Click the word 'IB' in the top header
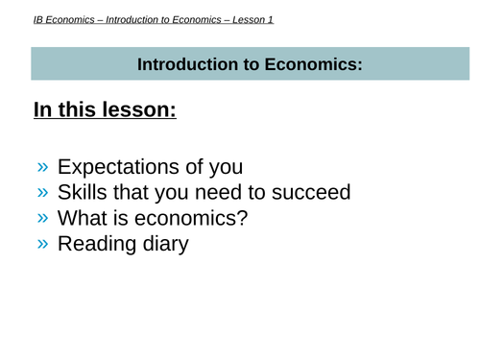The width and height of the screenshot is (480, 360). coord(38,18)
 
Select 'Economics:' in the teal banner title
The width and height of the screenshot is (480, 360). coord(306,65)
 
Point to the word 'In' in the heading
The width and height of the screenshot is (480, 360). coord(43,110)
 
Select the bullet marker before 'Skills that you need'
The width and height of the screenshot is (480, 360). coord(43,192)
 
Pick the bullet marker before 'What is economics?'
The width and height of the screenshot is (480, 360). coord(43,218)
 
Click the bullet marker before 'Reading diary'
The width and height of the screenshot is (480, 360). coord(43,244)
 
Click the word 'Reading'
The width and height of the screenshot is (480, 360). coord(97,244)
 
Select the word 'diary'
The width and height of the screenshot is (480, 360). coord(165,244)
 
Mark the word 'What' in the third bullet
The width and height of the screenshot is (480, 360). coord(84,218)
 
